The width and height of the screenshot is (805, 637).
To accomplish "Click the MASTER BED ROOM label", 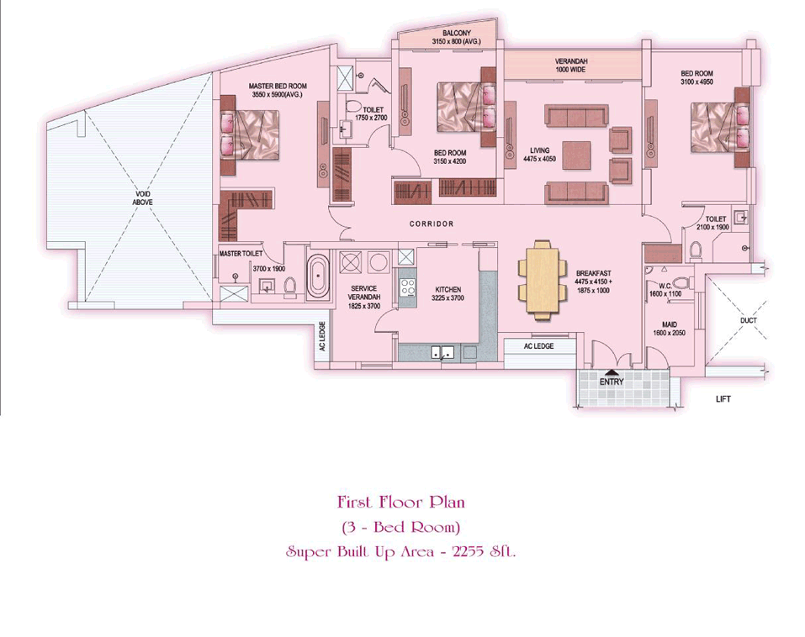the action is pos(278,87).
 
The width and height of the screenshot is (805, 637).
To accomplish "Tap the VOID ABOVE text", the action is pos(143,198).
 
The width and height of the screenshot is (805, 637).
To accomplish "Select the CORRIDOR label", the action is pos(432,224).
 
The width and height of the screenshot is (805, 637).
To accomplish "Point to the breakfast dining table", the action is pos(543,280).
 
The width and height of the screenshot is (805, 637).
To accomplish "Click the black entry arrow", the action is pos(612,373).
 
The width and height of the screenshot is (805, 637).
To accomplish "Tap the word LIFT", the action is pos(723,399).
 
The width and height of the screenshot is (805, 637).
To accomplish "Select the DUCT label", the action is pos(749,320).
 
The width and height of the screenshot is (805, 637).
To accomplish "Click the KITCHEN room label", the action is pos(448,289).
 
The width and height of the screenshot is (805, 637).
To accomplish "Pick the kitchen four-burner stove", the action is pos(408,287).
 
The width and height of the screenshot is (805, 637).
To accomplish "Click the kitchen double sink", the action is pos(442,353).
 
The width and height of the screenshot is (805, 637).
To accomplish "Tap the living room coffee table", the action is pos(576,155).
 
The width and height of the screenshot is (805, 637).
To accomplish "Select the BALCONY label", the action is pos(456,34).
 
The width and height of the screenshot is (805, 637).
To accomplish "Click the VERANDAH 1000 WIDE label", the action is pos(570,66).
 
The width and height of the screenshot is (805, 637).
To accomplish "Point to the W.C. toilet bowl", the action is pos(681,282).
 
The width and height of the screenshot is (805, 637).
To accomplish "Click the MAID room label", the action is pos(670,324).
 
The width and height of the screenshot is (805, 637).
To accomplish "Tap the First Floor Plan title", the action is pos(401,502).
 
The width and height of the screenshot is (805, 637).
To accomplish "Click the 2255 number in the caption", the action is pos(468,552).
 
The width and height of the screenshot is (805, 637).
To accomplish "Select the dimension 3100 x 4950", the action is pos(696,82).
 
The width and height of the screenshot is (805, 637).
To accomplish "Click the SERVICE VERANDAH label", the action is pos(364,292).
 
